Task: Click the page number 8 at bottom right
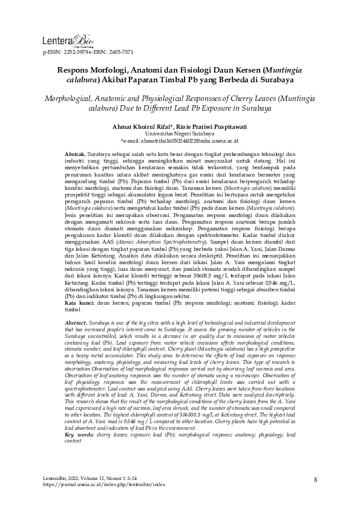point(316,480)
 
